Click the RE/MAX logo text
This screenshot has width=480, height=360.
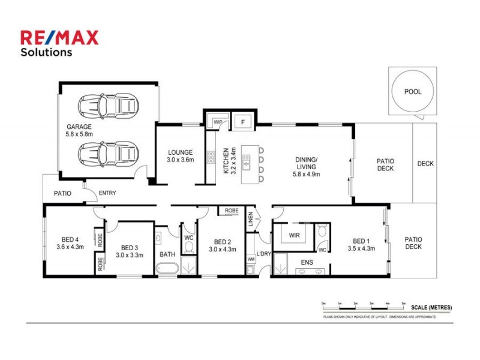tap(59, 38)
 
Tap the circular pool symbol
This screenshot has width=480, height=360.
tap(413, 92)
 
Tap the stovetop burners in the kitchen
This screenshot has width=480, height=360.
tap(211, 157)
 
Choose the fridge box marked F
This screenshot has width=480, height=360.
tap(242, 122)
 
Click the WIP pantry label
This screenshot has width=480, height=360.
tap(218, 122)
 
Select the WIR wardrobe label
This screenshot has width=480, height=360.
tap(294, 236)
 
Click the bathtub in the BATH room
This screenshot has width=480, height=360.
tap(166, 269)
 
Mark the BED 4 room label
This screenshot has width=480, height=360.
tap(70, 241)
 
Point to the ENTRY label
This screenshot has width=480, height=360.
tap(107, 193)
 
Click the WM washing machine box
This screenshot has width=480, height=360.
tap(251, 259)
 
